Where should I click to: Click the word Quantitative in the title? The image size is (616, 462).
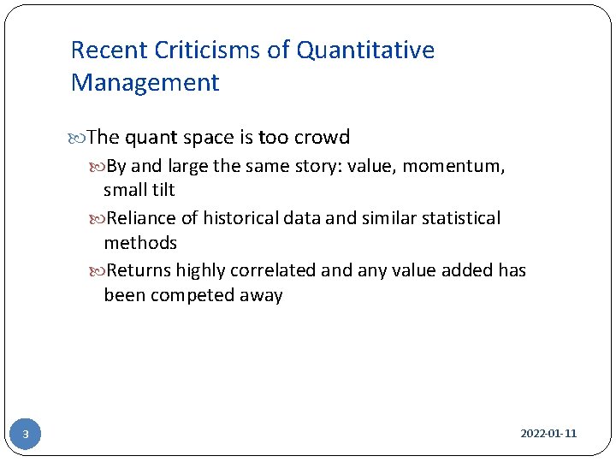(365, 50)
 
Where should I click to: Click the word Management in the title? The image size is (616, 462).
(145, 83)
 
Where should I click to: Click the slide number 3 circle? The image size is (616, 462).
(26, 435)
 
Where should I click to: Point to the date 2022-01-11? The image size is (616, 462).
(548, 434)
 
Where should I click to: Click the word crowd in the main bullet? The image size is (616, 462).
(322, 138)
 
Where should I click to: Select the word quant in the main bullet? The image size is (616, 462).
(151, 138)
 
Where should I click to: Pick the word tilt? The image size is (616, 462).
(162, 190)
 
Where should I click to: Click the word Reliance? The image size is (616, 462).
(142, 218)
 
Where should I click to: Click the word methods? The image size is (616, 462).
(140, 243)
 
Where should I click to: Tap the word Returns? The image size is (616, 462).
(139, 270)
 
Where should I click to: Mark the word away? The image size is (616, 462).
(261, 296)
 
